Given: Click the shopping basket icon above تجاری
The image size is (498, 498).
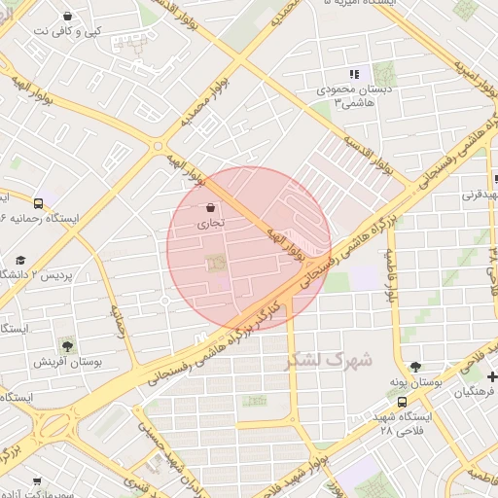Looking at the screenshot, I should click(x=211, y=206).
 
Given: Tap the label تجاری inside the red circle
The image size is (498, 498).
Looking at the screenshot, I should click(x=211, y=223).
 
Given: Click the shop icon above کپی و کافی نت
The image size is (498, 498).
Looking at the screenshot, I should click(x=66, y=16).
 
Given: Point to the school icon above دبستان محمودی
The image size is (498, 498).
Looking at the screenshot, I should click(x=354, y=74).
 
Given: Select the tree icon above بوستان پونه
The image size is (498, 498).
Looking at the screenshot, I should click(x=415, y=367).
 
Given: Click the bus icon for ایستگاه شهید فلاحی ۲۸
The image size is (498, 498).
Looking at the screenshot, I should click(x=403, y=402).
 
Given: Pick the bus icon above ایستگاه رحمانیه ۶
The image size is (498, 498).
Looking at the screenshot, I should click(x=37, y=203).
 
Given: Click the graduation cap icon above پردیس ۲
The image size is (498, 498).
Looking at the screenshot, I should click(x=20, y=260).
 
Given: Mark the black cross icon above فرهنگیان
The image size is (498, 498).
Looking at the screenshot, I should click(x=492, y=376).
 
